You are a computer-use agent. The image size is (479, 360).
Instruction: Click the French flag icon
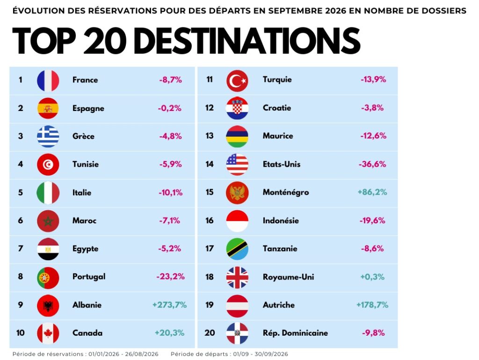tap(48, 81)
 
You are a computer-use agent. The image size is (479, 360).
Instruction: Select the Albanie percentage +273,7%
tap(169, 305)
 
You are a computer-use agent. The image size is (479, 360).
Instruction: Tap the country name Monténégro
tap(286, 192)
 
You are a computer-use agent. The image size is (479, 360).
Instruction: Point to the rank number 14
tap(209, 164)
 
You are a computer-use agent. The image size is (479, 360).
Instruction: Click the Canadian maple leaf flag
tap(48, 333)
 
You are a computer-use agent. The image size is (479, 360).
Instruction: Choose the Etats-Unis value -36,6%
tap(372, 164)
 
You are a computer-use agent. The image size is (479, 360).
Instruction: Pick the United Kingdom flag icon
tap(237, 278)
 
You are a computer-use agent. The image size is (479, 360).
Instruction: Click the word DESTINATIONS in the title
tap(247, 41)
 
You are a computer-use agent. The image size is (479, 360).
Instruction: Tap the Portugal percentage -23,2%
tap(170, 277)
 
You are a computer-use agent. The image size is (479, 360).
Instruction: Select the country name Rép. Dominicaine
tap(296, 333)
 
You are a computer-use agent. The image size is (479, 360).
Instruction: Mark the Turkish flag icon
tap(237, 81)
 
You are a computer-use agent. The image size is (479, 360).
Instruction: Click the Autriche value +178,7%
tap(372, 305)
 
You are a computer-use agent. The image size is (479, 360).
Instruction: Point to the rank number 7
tap(21, 248)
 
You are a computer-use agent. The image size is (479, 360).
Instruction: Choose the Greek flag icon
tap(48, 136)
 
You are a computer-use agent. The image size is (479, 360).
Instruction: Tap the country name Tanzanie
tap(280, 249)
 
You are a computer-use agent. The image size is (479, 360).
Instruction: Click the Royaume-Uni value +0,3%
tap(372, 277)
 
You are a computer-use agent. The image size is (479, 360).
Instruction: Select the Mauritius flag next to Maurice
tap(237, 136)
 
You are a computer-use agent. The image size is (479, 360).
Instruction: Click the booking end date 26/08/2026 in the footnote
tap(142, 354)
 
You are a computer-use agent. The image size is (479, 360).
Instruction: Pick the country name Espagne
tap(88, 109)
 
